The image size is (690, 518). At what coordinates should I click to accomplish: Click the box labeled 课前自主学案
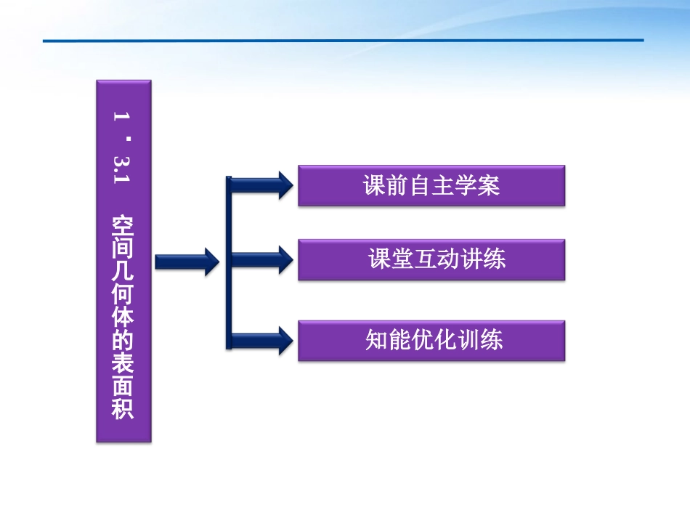431,186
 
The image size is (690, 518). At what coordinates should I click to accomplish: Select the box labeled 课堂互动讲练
431,260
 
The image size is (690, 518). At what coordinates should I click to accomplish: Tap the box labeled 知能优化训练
431,340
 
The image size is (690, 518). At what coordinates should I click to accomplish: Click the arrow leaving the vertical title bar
187,260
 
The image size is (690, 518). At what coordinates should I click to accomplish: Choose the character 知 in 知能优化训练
376,340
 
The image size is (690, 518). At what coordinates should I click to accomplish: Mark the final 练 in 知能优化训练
492,340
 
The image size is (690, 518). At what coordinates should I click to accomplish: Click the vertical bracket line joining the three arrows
229,262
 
